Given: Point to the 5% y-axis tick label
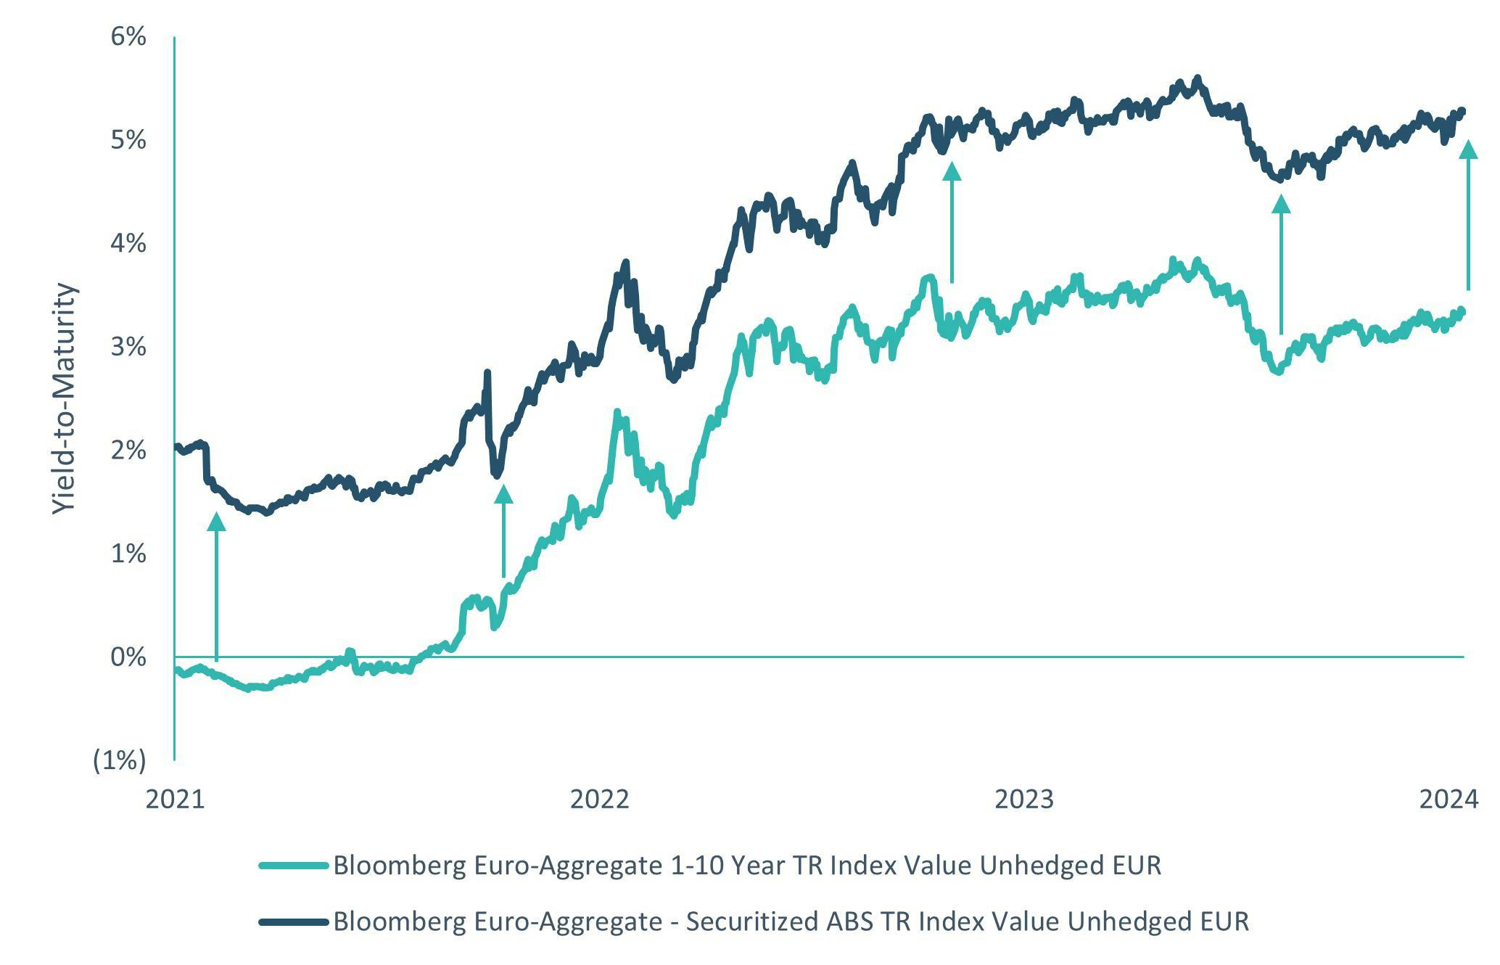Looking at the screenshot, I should point(128,140).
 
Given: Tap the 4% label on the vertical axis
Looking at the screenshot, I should point(128,244).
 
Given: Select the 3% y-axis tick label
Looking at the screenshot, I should point(128,347).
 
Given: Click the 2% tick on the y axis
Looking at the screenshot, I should point(128,451).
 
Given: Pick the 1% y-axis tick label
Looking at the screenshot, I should point(128,554).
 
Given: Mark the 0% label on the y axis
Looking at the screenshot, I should point(128,657).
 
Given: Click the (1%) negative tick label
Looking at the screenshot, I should point(120,760).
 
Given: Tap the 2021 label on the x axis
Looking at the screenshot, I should point(175,799).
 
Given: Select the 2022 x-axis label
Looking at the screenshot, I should point(599,799).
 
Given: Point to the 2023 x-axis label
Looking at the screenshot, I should point(1023,799).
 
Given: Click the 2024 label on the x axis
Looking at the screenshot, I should point(1448,799).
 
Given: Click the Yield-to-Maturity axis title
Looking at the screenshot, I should point(65,399).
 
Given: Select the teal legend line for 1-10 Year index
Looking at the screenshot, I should point(294,865).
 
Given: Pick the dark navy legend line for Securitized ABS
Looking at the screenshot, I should point(294,921).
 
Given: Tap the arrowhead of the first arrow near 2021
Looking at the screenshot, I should point(216,521).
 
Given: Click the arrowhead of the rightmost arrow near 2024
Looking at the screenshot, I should point(1468,149).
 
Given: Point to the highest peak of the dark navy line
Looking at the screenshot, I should point(1198,78).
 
